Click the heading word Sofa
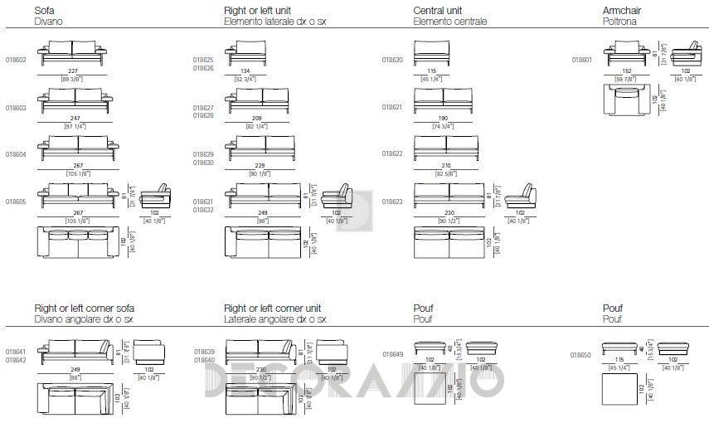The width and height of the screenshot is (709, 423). (44, 10)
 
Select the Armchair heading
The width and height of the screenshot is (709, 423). (622, 10)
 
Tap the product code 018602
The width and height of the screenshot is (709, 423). (16, 60)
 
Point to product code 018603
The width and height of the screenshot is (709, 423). (16, 108)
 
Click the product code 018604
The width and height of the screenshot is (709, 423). (16, 155)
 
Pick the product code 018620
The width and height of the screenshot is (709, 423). (392, 60)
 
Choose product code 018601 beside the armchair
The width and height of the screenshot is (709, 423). (583, 60)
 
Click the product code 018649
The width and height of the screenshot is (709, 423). (392, 353)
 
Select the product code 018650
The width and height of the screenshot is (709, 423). (581, 354)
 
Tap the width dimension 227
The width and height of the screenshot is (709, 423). (72, 70)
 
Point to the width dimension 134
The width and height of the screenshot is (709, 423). (245, 70)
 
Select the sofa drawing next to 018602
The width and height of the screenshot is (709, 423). (72, 51)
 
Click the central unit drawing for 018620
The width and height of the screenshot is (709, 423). (430, 51)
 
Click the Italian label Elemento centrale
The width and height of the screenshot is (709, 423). (449, 21)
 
